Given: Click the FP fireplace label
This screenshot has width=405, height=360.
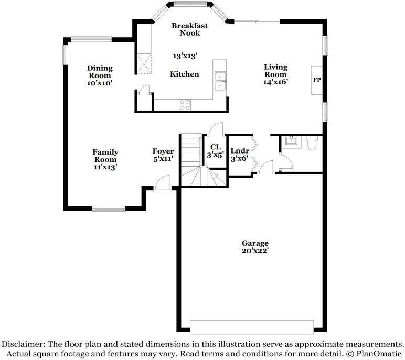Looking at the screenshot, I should (316, 80).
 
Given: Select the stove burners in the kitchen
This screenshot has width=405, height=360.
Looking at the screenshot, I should (185, 104).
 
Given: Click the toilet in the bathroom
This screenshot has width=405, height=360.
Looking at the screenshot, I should (312, 143).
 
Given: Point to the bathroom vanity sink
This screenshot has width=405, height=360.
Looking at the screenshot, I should (290, 140).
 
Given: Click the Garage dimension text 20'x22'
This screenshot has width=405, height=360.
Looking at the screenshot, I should (255, 250).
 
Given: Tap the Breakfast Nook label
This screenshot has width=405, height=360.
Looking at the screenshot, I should (189, 29).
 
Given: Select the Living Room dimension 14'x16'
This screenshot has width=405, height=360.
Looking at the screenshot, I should (275, 82).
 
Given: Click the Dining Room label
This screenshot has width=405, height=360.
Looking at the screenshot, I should (100, 72).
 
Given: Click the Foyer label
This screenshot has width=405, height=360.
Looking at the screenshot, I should (163, 151).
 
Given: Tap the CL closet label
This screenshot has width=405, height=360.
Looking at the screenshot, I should (215, 147).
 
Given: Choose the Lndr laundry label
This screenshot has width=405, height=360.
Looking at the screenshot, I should (240, 151).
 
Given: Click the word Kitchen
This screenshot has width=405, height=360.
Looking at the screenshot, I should (185, 74).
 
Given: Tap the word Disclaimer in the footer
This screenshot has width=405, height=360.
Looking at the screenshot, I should (24, 344).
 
